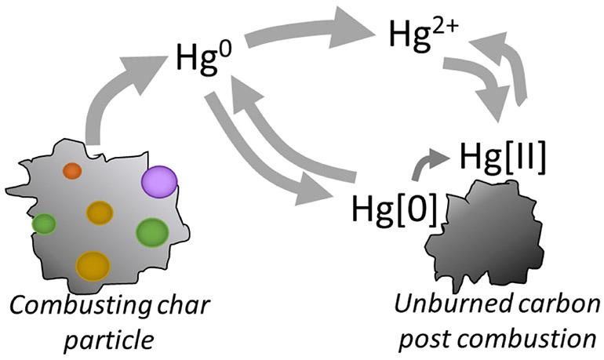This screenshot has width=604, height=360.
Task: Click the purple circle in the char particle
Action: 158,182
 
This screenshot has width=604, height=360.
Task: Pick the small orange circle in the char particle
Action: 72,170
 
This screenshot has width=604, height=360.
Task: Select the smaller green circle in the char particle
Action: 44,224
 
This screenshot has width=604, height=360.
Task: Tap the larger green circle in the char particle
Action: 152,233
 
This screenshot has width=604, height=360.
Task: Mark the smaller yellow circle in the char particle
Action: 100,212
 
